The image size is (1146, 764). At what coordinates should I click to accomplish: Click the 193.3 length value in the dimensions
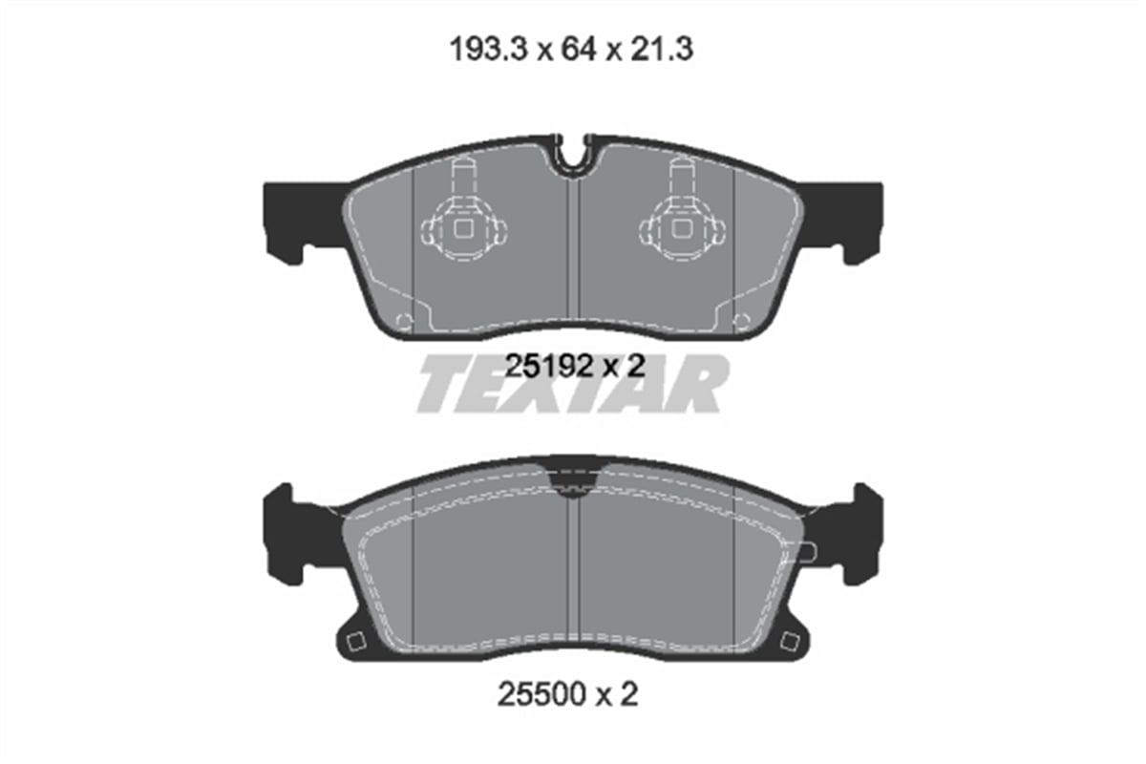click(x=488, y=51)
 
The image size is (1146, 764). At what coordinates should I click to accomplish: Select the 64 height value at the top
click(x=579, y=51)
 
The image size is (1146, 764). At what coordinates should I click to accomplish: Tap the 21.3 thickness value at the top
click(x=661, y=51)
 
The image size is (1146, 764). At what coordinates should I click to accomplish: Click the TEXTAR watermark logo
click(x=573, y=383)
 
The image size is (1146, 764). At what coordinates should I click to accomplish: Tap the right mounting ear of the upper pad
click(x=841, y=221)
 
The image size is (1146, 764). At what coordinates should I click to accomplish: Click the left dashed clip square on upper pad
click(x=463, y=228)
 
